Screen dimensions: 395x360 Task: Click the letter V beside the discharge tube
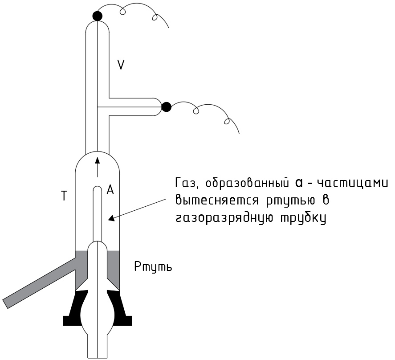click(x=121, y=65)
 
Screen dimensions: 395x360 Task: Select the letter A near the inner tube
click(x=110, y=190)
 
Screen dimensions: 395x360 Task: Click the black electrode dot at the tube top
click(x=97, y=16)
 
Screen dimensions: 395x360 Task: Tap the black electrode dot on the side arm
click(x=166, y=107)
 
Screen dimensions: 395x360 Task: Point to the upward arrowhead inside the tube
click(x=97, y=159)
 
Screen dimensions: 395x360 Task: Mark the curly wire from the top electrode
click(x=138, y=11)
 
